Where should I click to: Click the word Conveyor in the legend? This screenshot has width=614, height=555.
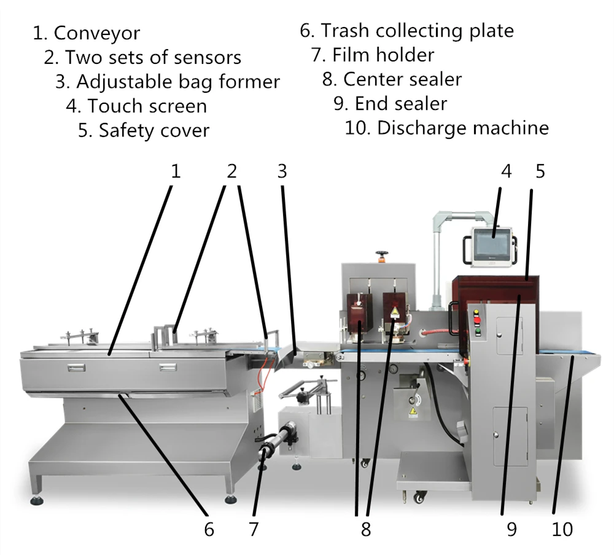pos(97,33)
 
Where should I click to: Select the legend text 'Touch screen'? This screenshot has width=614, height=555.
pos(147,106)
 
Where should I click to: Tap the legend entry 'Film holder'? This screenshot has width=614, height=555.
pos(383,55)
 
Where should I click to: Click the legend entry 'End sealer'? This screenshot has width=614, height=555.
pos(400,104)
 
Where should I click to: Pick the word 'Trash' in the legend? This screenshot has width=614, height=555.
pos(345,31)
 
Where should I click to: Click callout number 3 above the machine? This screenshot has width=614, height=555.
pos(282,171)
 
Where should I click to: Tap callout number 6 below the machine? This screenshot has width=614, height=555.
pos(209,530)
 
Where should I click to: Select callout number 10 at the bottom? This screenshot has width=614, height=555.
pos(562,530)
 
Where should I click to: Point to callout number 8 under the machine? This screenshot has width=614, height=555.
pos(366,530)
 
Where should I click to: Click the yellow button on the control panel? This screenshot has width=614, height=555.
pos(476,313)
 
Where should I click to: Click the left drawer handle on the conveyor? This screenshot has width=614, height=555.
pos(76,368)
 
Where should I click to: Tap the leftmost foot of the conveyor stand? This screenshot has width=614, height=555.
pos(37,500)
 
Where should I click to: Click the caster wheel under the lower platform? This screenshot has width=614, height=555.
pos(419,497)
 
